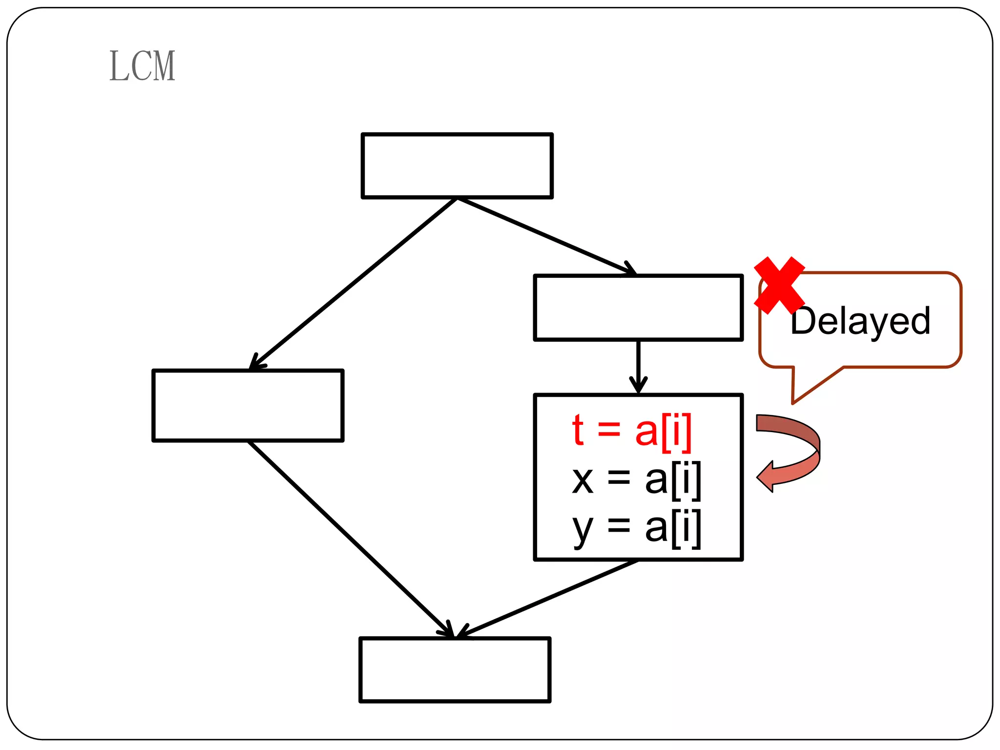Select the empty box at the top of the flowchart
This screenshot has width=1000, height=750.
point(457,166)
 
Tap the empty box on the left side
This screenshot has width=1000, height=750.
point(248,406)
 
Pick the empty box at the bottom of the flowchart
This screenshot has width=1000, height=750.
point(455,670)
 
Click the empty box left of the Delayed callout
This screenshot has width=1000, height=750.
point(639,308)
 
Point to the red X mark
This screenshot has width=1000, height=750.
point(779,285)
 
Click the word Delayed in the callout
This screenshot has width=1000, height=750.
point(860,321)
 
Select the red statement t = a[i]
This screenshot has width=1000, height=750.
point(632,431)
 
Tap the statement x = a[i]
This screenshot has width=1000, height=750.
point(637,479)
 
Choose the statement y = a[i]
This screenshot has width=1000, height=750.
point(637,527)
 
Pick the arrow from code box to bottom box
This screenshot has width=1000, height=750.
point(547,599)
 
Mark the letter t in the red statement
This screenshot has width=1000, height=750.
point(578,431)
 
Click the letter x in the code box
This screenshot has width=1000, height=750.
point(583,480)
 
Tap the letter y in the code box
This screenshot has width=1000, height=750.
point(583,529)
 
